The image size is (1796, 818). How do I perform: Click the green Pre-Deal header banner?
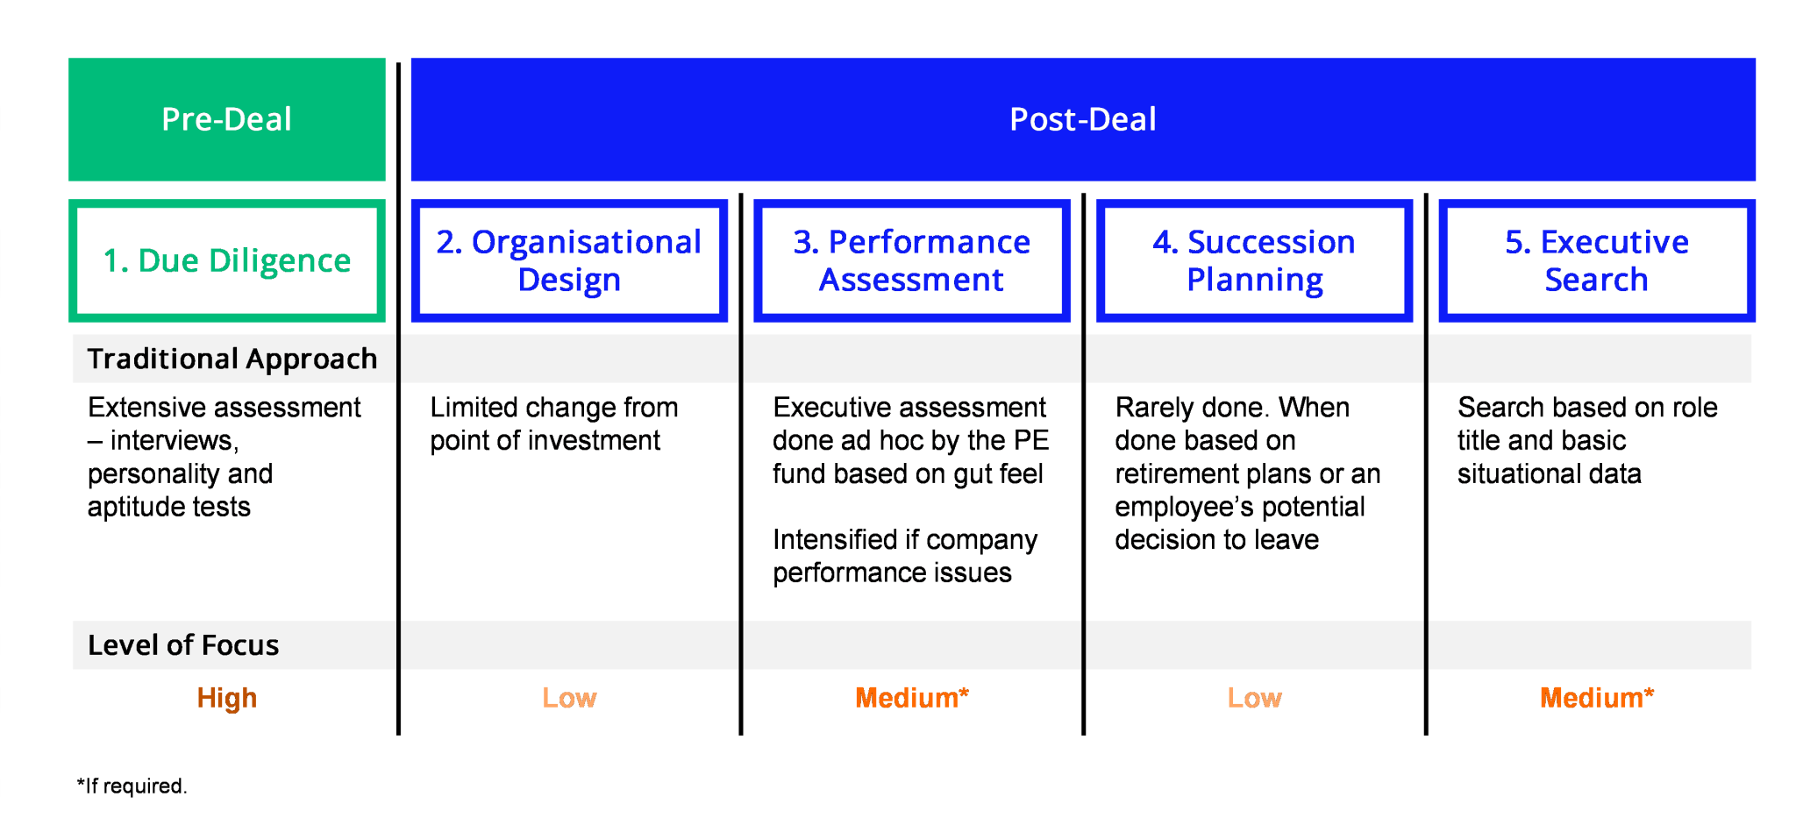tap(227, 119)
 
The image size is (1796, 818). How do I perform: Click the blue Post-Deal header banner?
tap(1083, 119)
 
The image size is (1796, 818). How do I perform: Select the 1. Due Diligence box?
tap(227, 260)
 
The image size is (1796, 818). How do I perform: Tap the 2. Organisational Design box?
tap(569, 260)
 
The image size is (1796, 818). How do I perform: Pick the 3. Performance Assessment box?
tap(912, 260)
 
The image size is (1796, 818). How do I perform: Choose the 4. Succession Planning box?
tap(1254, 260)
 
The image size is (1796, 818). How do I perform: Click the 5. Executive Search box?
tap(1597, 260)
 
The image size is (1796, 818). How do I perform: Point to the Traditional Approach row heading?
tap(232, 359)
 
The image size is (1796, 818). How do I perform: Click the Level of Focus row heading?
tap(183, 645)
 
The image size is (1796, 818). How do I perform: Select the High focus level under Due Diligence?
tap(227, 698)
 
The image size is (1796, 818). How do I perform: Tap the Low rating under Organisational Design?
tap(569, 698)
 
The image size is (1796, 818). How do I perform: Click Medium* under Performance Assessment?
tap(912, 698)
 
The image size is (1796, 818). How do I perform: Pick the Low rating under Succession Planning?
tap(1254, 698)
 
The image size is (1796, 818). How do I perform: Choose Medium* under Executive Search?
tap(1597, 698)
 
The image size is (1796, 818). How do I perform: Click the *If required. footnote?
tap(132, 786)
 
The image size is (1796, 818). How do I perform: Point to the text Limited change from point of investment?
tap(554, 423)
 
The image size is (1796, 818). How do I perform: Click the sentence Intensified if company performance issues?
tap(905, 556)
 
